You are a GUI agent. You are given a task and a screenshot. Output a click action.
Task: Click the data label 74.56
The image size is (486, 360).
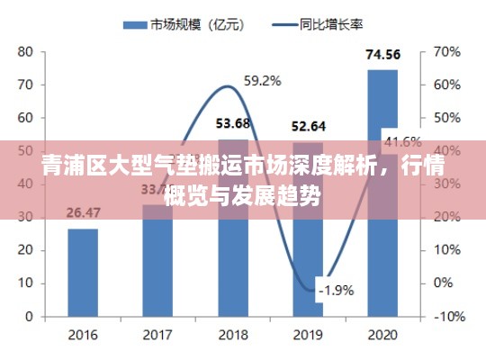(382, 56)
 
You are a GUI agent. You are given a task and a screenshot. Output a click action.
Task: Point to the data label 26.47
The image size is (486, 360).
(83, 213)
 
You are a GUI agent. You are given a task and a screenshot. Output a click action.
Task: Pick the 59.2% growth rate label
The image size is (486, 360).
(262, 81)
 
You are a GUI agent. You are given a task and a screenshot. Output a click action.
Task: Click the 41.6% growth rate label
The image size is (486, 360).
(402, 141)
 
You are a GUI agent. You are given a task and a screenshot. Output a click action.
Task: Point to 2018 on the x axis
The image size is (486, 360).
(233, 334)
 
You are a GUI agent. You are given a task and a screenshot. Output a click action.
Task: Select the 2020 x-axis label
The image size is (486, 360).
(382, 334)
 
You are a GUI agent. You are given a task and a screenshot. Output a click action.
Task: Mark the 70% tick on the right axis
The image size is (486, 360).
(446, 51)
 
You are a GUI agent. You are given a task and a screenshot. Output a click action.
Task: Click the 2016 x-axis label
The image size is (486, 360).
(83, 334)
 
